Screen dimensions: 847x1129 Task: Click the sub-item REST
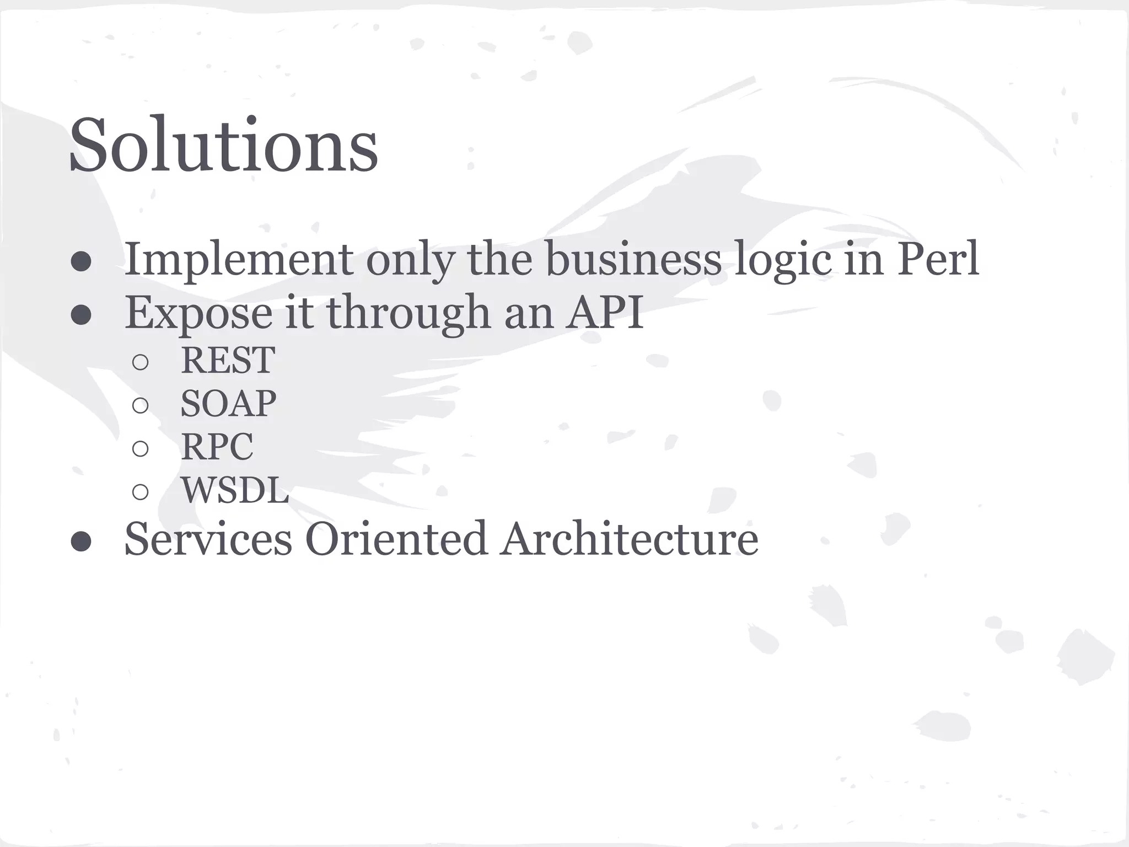228,361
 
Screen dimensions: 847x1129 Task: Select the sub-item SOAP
228,404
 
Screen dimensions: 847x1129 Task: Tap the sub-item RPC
217,447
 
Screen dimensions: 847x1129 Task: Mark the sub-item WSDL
235,490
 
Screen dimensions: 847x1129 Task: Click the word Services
208,539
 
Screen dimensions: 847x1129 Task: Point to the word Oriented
396,539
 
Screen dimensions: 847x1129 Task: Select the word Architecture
629,539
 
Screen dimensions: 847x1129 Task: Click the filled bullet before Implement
81,262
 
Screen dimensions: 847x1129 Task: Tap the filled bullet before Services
81,542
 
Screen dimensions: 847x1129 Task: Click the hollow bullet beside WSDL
141,492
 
